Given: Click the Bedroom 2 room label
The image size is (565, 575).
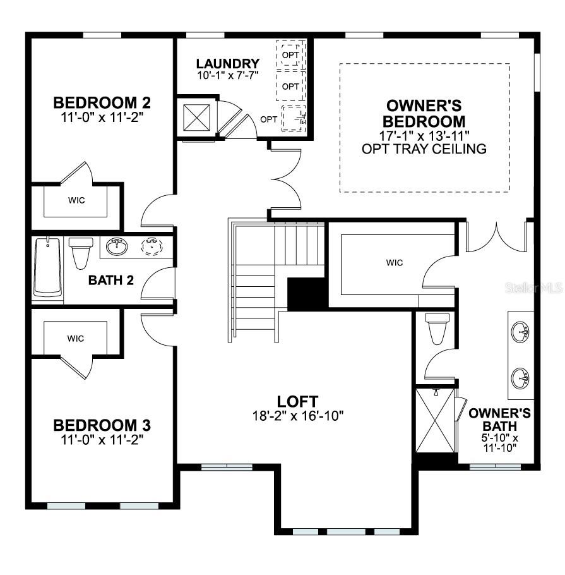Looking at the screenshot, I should click(x=102, y=102).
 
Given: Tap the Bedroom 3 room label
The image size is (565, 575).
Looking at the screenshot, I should click(x=102, y=425).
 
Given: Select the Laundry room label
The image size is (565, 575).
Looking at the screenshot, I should click(x=227, y=63).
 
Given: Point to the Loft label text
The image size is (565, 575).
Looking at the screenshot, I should click(x=297, y=401).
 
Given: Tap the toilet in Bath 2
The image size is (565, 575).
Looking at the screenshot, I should click(x=81, y=253).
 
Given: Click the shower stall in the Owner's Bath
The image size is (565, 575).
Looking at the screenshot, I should click(x=436, y=420).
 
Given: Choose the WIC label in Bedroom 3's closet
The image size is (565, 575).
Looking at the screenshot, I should click(x=76, y=339).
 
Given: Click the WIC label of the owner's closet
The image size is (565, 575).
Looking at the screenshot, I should click(x=395, y=262).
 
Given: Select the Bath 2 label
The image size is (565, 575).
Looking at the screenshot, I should click(x=110, y=280).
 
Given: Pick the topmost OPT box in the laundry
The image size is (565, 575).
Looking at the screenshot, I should click(x=290, y=54).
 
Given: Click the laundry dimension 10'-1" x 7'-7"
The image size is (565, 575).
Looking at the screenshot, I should click(x=227, y=75).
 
